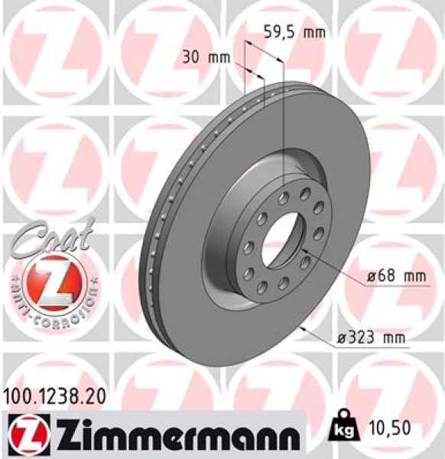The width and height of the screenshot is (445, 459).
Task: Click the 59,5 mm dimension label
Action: tap(294, 32)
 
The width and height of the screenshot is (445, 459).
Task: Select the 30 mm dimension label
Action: tap(206, 56)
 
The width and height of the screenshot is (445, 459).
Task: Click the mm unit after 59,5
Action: tap(313, 32)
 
